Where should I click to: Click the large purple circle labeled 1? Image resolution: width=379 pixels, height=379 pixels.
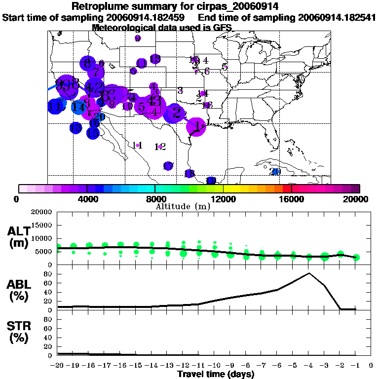pyautogui.click(x=197, y=127)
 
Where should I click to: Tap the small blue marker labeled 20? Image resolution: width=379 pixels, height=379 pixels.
pyautogui.click(x=276, y=172)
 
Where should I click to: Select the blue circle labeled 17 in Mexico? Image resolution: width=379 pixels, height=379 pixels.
pyautogui.click(x=168, y=166)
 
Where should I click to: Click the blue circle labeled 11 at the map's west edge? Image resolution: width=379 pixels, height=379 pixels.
pyautogui.click(x=56, y=106)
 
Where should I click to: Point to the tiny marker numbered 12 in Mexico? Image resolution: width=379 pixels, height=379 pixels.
pyautogui.click(x=160, y=147)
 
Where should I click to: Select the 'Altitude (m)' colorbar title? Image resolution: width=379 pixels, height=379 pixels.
pyautogui.click(x=183, y=206)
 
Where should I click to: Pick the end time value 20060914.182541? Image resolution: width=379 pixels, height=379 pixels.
pyautogui.click(x=337, y=17)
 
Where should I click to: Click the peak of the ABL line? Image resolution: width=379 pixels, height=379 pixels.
pyautogui.click(x=309, y=273)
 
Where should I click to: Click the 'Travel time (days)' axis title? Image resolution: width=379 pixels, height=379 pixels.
pyautogui.click(x=216, y=374)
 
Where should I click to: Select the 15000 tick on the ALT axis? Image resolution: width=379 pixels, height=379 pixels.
pyautogui.click(x=42, y=225)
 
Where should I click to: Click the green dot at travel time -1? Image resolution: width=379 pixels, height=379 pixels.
pyautogui.click(x=356, y=257)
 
